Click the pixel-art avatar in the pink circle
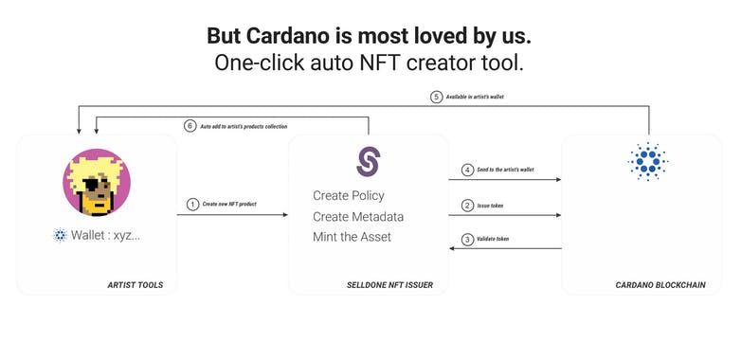(97, 183)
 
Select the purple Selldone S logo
(368, 161)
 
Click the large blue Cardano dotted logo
(648, 162)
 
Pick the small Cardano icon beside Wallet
(61, 235)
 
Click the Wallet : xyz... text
(105, 235)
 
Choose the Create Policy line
(348, 195)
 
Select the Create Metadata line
(357, 216)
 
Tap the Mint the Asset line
(352, 237)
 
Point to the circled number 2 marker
(467, 205)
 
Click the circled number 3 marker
(467, 239)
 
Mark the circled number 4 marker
(467, 170)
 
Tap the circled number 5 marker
(437, 97)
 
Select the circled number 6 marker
(190, 126)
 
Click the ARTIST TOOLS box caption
(136, 284)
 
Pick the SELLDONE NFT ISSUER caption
(389, 284)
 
